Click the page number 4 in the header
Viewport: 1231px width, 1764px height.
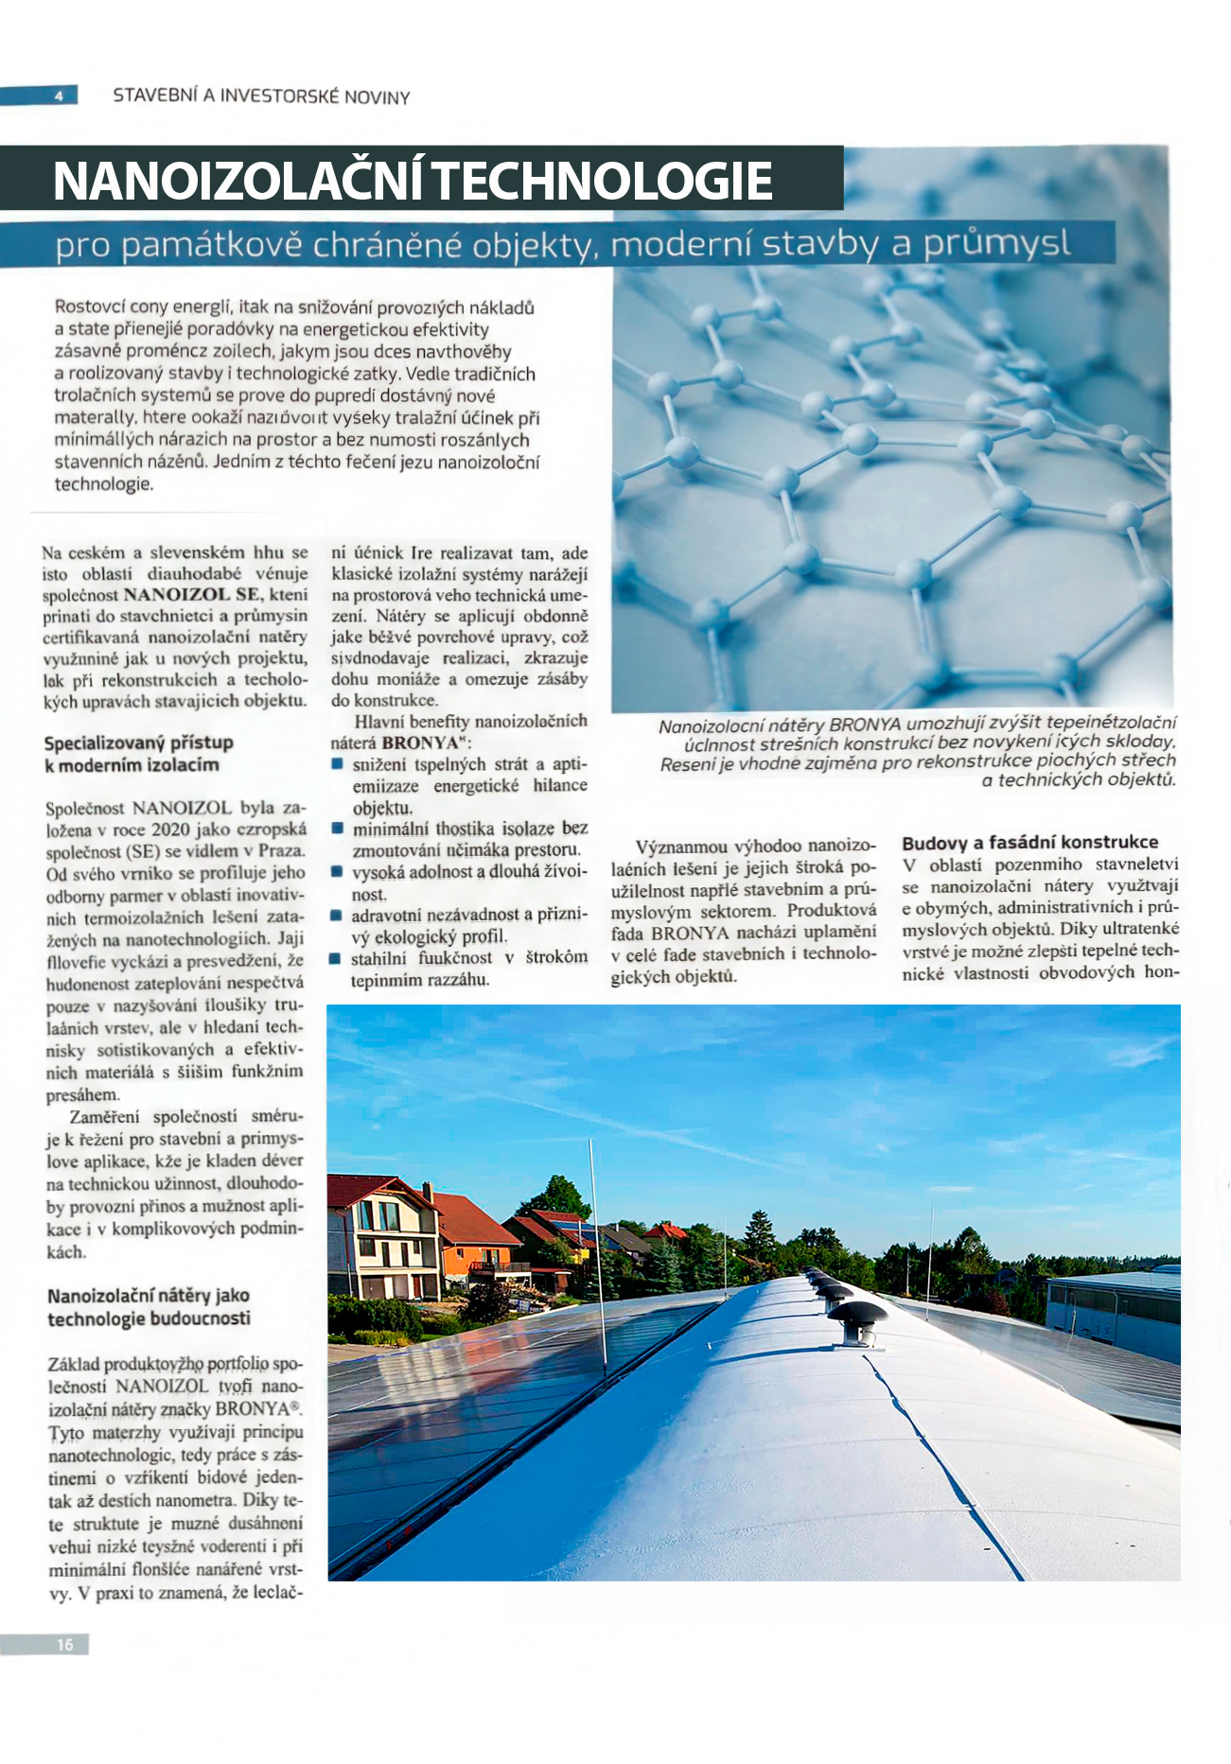click(59, 96)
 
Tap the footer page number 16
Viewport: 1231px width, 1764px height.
click(64, 1645)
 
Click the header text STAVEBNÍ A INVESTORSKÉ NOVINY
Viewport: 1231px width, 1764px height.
click(261, 96)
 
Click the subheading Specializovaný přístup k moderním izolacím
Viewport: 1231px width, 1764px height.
click(138, 754)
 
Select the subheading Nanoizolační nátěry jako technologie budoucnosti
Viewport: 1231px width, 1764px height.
click(149, 1307)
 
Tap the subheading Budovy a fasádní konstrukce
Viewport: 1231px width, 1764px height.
click(1029, 842)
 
